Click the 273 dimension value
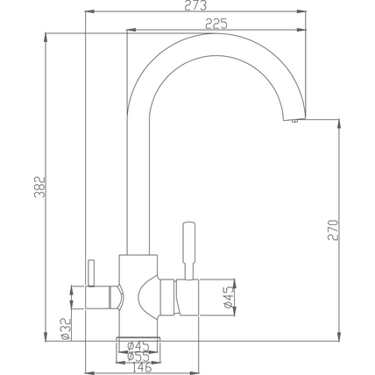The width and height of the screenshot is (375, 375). coord(195,5)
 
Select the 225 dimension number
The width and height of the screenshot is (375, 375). coord(216,24)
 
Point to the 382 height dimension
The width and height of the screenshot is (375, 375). coord(40,187)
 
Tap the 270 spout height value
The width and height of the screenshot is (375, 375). coord(333,230)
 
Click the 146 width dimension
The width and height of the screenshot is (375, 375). coord(141,367)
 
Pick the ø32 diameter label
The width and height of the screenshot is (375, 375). coord(66,329)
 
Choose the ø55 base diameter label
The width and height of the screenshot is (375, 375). coord(138,357)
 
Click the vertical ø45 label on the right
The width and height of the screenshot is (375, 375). coord(229,297)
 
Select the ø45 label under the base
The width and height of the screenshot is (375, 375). coord(138,346)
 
